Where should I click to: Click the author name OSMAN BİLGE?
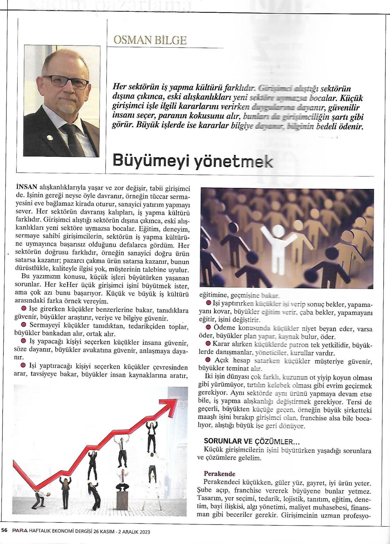(x=150, y=40)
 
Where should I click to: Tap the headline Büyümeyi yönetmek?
(x=192, y=162)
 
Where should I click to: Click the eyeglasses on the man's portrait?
(x=66, y=82)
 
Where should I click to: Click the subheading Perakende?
(x=219, y=473)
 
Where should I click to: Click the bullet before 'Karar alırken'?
(x=208, y=344)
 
